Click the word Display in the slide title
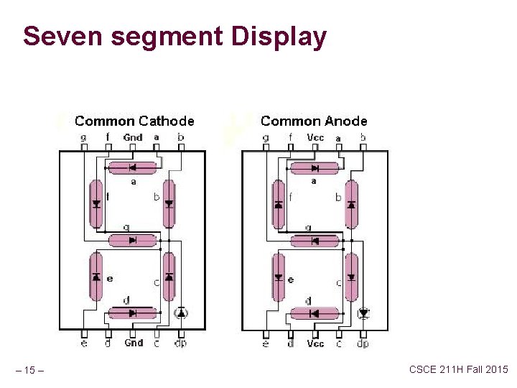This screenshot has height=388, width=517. pos(276,37)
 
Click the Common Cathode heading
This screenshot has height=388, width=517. pos(134,121)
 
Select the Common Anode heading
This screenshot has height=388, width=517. pos(314,121)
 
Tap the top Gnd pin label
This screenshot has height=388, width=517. pos(133,137)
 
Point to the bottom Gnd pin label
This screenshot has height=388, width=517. pos(134,343)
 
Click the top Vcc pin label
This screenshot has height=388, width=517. pos(315,137)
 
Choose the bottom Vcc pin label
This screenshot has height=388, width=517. pos(315,343)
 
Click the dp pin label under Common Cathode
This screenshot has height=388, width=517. pos(182,343)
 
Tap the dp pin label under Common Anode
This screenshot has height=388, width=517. pos(363,343)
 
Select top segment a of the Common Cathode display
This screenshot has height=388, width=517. pos(132,168)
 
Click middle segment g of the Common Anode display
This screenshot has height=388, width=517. pos(315,241)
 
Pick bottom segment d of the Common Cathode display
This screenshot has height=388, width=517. pos(132,313)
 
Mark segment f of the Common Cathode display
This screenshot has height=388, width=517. pos(96,203)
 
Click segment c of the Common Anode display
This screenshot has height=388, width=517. pos(351,277)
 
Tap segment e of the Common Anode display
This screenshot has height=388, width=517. pos(278,277)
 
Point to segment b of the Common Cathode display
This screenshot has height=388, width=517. pos(169,203)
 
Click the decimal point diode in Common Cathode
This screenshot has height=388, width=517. pos(181,313)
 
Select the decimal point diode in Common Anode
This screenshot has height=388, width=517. pos(363,313)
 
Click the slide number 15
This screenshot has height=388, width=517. pos(30,371)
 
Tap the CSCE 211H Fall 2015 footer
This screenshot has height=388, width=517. pos(458,369)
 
